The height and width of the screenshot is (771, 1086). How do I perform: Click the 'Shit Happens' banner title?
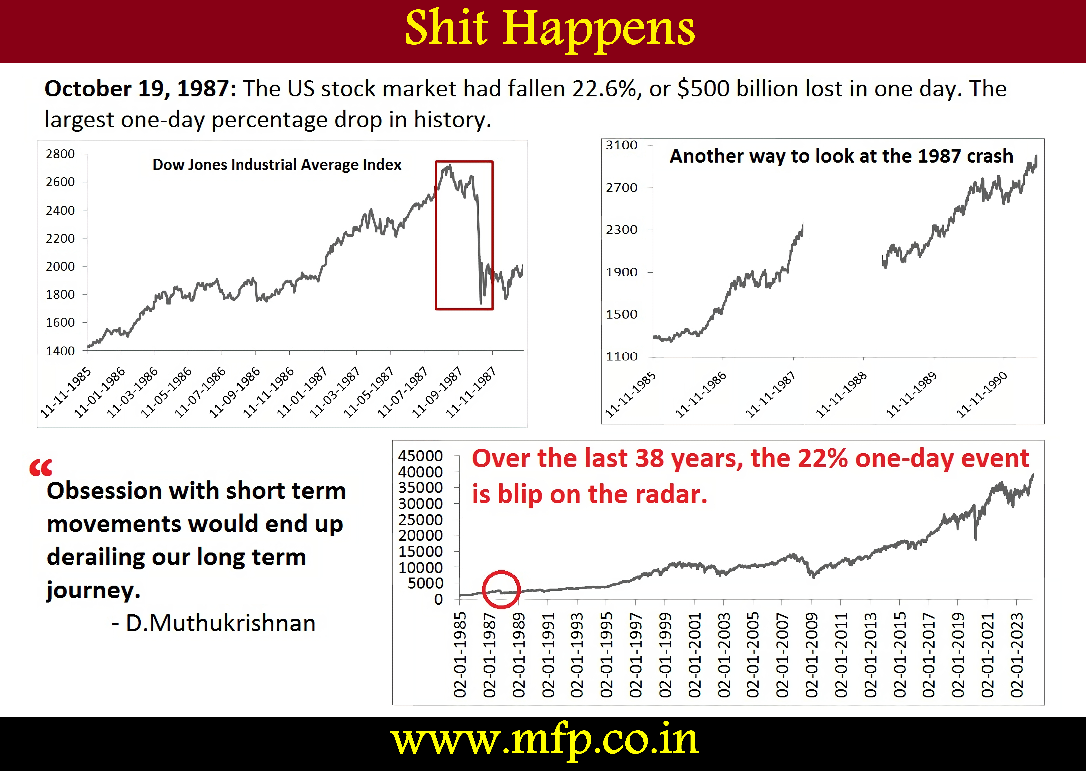pyautogui.click(x=550, y=29)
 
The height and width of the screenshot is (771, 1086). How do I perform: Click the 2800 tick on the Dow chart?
pyautogui.click(x=60, y=154)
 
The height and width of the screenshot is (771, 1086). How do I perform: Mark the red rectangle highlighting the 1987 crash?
pyautogui.click(x=436, y=235)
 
